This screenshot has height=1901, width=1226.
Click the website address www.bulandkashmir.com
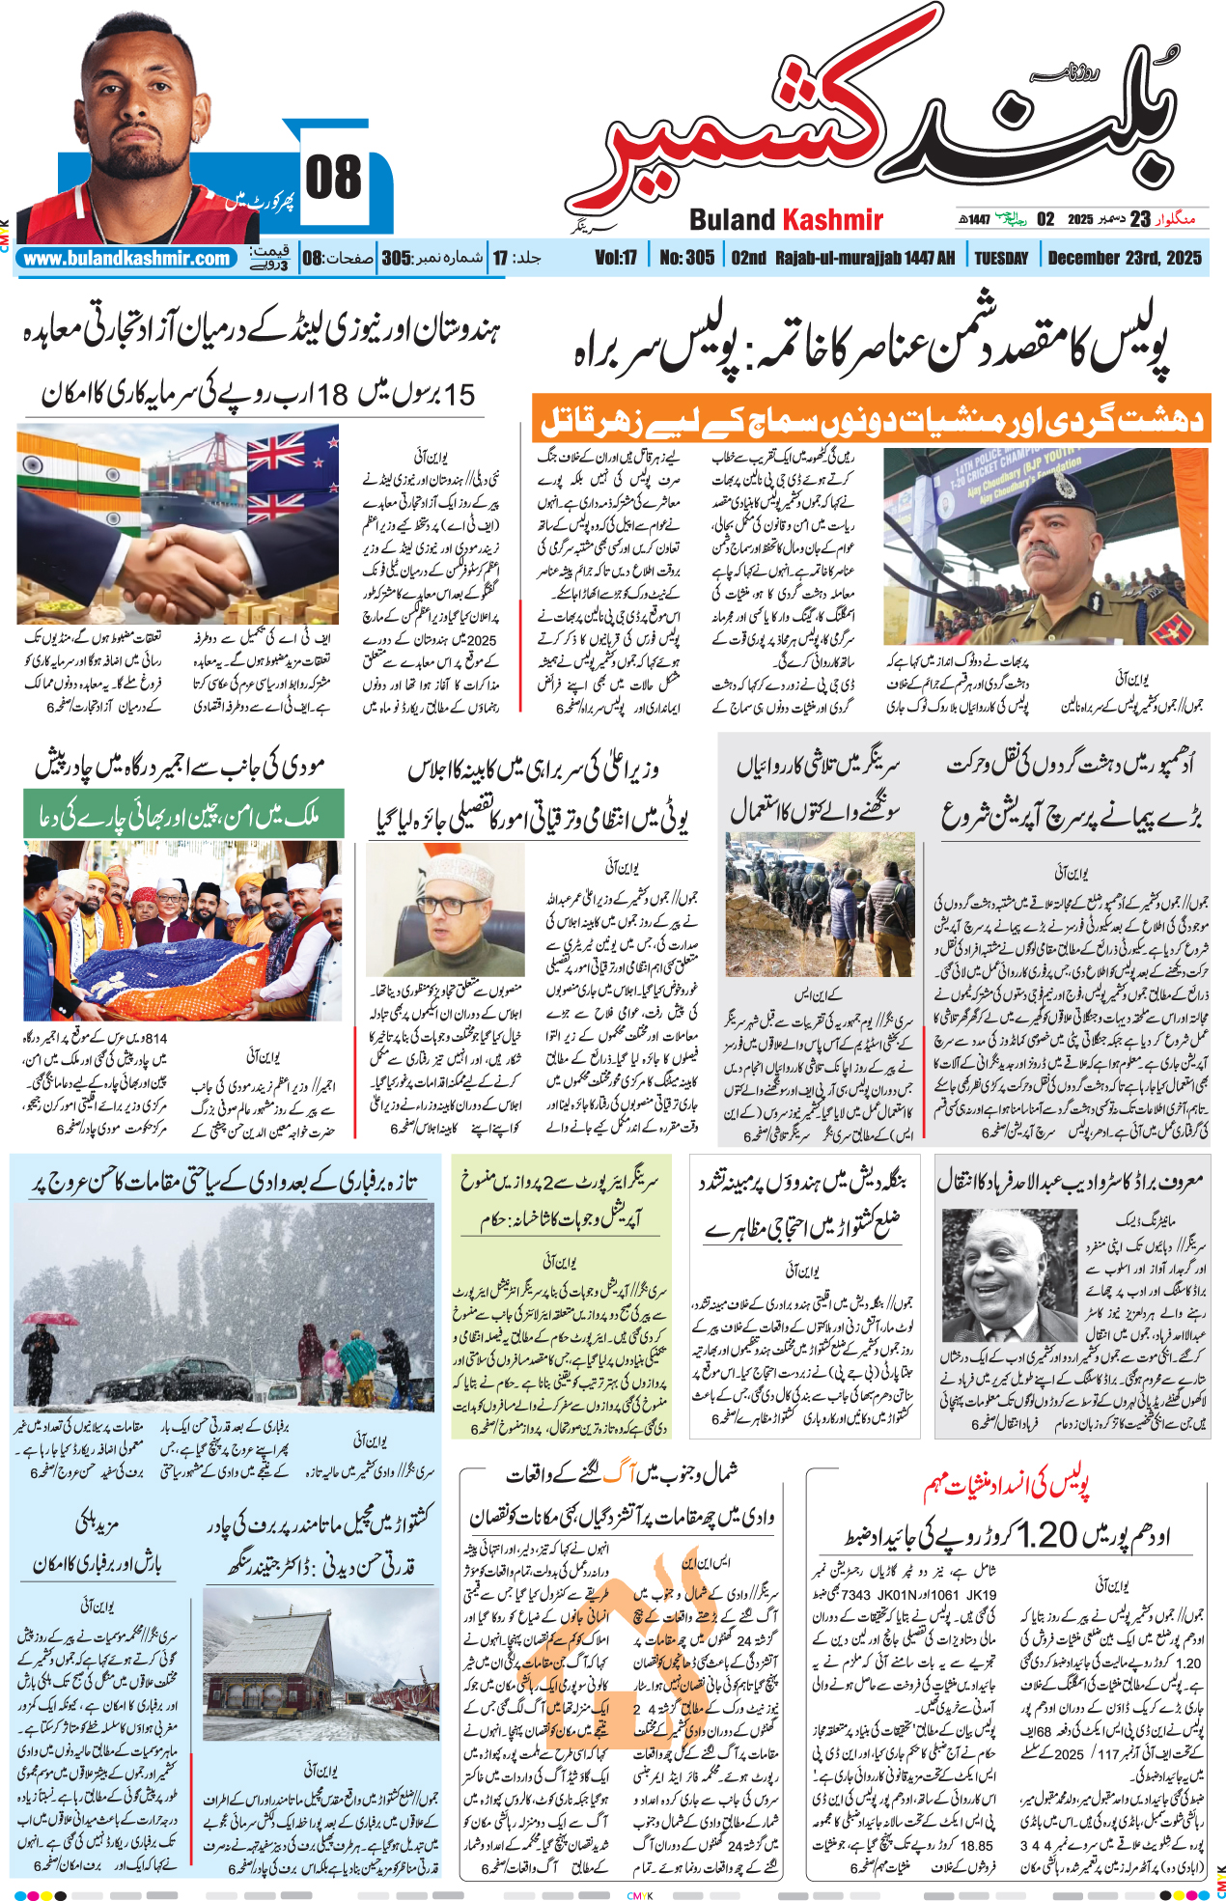(x=126, y=259)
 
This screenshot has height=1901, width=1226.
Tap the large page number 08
(x=333, y=178)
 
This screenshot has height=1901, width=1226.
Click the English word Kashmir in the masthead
(x=832, y=220)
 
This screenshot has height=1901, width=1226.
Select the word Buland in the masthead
(x=733, y=220)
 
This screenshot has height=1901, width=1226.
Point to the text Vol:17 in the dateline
(x=616, y=258)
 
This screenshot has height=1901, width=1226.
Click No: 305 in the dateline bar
(x=686, y=258)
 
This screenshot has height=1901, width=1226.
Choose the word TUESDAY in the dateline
(x=1001, y=258)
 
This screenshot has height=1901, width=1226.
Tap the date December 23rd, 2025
(x=1125, y=258)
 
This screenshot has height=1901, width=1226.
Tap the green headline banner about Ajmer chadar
(x=183, y=814)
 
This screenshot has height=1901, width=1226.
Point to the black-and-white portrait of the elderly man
(x=1008, y=1273)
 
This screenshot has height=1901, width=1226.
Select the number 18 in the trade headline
(x=331, y=394)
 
